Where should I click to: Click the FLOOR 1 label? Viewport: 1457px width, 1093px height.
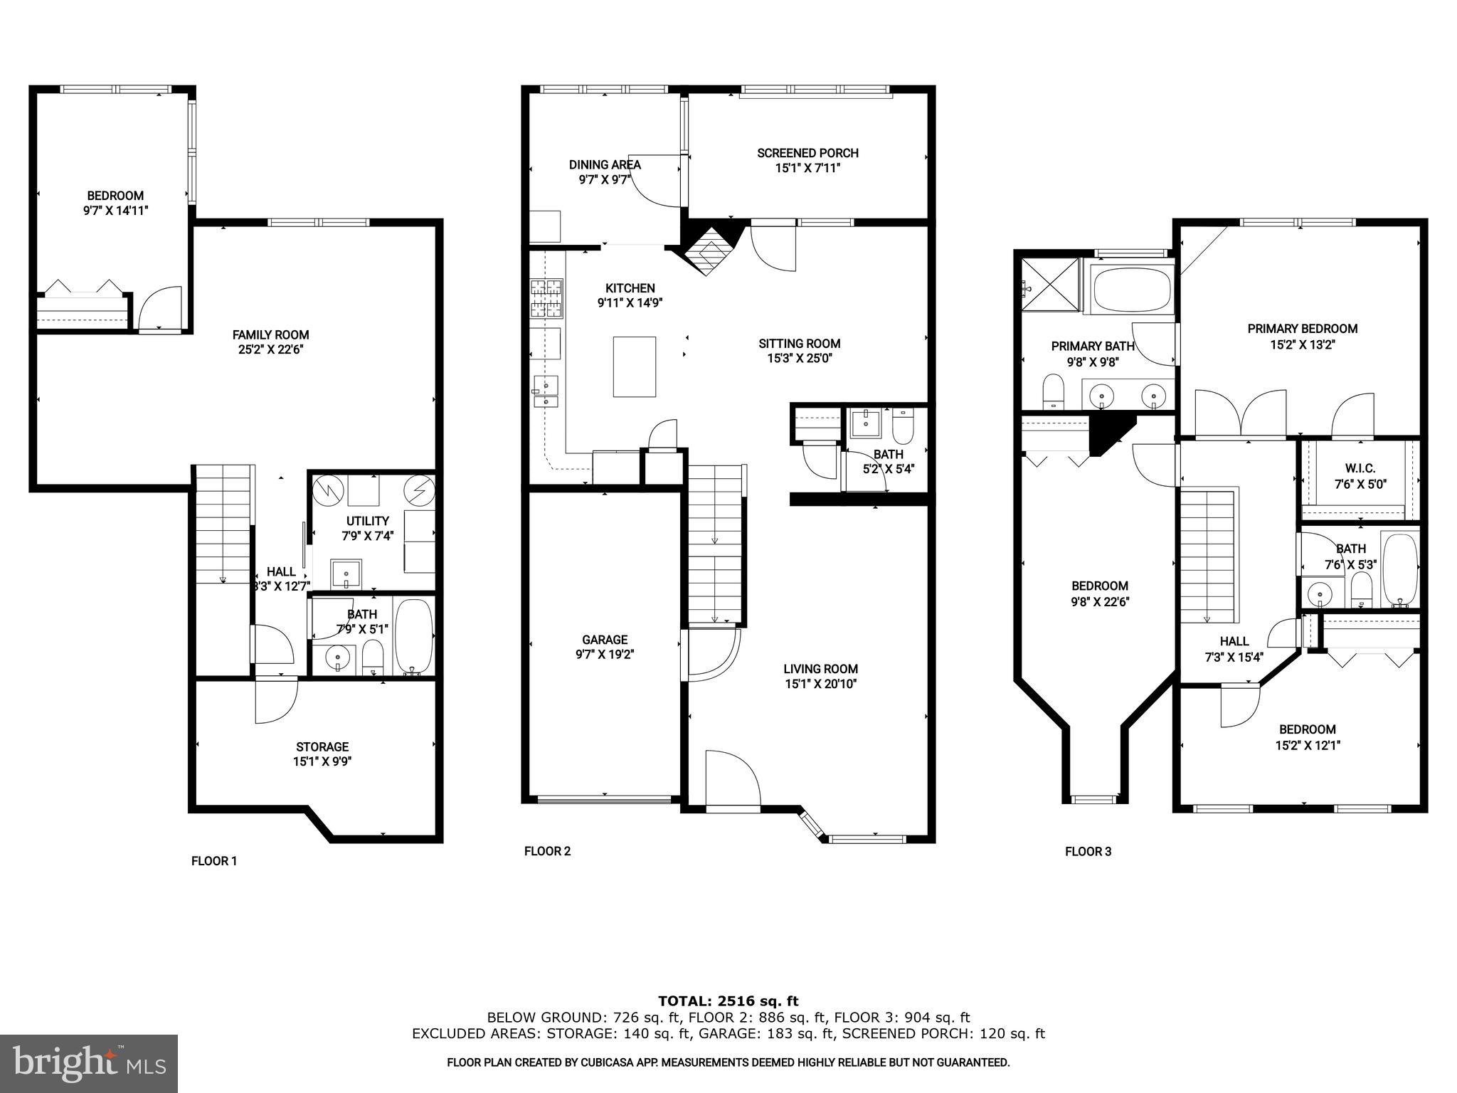214,861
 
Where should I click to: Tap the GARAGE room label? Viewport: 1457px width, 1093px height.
605,640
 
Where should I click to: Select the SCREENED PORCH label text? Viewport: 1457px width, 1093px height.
807,153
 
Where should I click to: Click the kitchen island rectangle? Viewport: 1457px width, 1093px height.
635,366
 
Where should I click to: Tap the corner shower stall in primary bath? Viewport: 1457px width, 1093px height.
1050,285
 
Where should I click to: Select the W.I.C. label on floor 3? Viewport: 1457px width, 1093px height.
1360,468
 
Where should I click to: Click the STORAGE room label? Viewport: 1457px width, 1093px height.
322,746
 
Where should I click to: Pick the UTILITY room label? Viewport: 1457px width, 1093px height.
367,521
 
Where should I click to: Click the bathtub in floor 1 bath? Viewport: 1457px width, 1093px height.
413,635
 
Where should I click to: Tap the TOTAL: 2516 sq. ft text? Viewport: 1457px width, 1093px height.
728,1001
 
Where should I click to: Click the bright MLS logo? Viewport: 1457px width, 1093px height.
89,1064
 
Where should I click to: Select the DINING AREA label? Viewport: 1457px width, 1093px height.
605,164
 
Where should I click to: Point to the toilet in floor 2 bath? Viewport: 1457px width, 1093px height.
902,426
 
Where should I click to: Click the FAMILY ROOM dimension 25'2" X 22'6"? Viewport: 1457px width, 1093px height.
271,350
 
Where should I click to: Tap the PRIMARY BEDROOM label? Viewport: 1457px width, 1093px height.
1302,329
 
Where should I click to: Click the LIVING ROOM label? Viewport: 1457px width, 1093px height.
820,669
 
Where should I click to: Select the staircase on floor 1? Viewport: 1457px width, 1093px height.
223,523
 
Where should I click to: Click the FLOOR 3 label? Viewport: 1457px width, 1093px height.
1088,851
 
